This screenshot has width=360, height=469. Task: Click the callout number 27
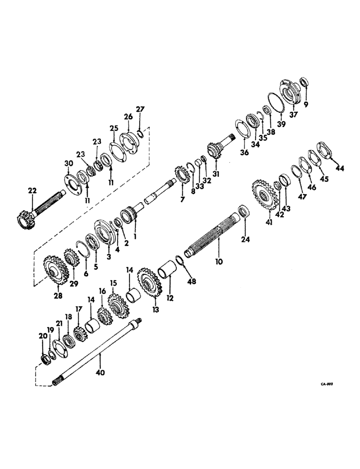tap(140, 110)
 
